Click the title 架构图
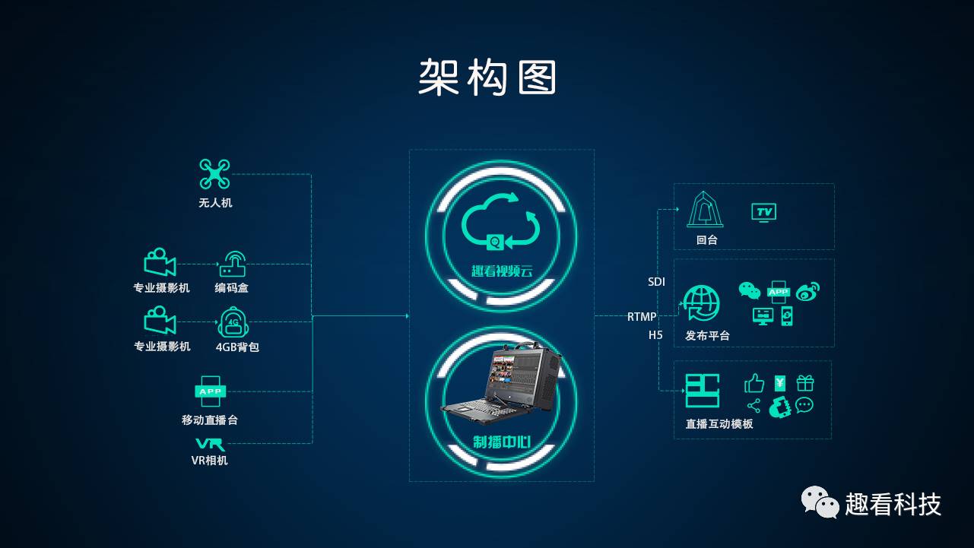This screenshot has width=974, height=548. (x=487, y=78)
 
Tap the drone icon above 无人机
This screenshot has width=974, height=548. (x=214, y=174)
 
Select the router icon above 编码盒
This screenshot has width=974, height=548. (x=233, y=264)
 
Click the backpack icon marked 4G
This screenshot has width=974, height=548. (x=233, y=322)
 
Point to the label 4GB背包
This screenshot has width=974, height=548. (x=237, y=347)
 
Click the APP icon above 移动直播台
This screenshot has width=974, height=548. (x=210, y=391)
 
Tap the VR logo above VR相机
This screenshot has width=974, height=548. (x=210, y=444)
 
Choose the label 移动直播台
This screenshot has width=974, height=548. (x=210, y=420)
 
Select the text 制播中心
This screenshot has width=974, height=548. (x=501, y=442)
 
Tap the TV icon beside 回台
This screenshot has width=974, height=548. (x=763, y=212)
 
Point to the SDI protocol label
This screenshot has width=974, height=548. (x=656, y=282)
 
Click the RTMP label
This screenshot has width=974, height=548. (x=642, y=316)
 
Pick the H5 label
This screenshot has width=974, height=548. (x=655, y=335)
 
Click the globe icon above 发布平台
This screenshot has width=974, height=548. (x=701, y=303)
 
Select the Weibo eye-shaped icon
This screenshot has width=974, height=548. (x=807, y=291)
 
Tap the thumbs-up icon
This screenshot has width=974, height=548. (x=754, y=382)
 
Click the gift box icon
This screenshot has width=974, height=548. (x=805, y=382)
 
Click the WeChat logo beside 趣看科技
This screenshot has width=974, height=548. (x=819, y=502)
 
